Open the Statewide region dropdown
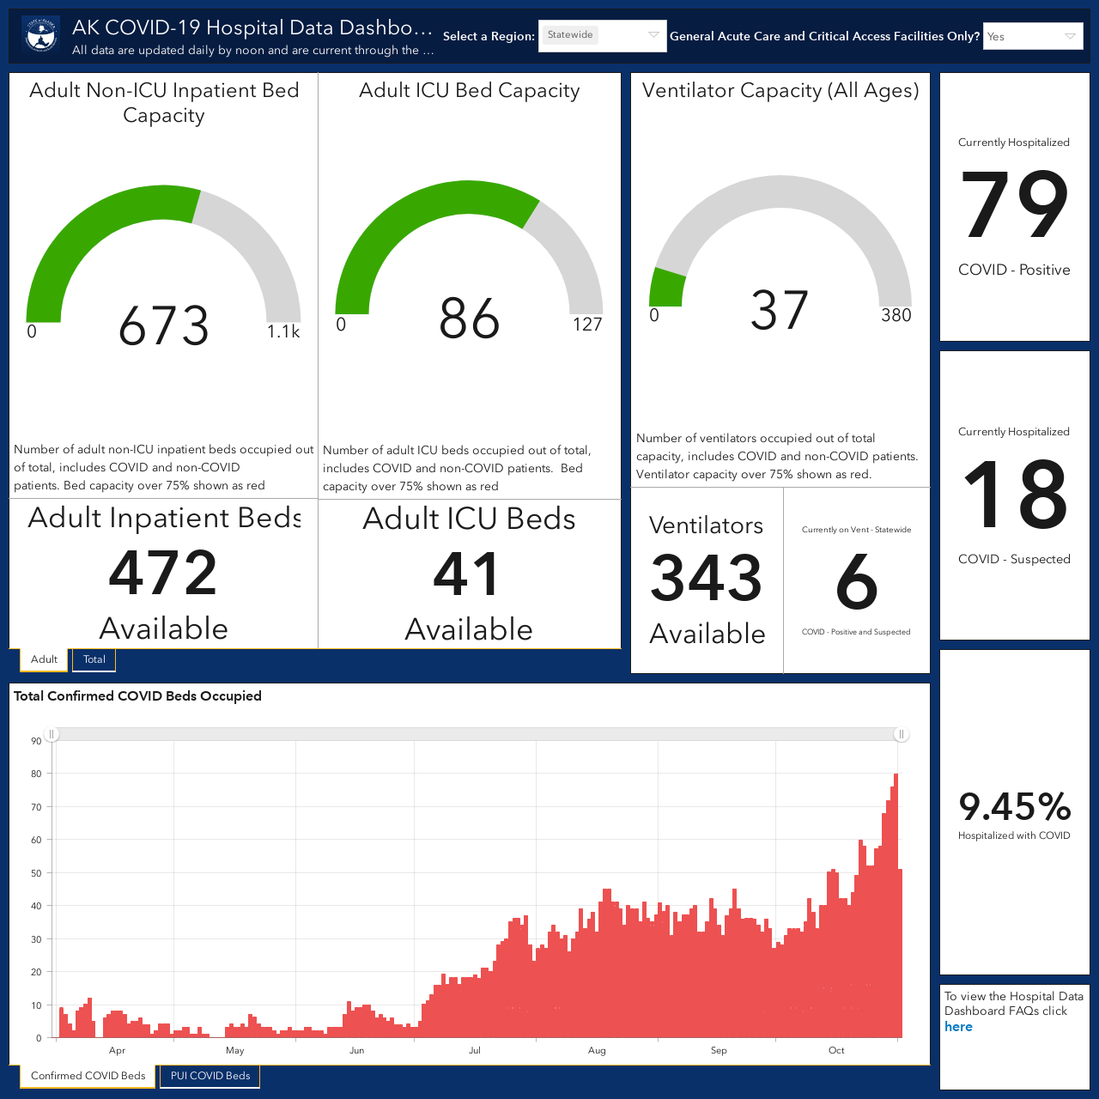[602, 35]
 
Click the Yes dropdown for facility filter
[1032, 36]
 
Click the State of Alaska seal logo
[41, 35]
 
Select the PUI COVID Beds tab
[209, 1076]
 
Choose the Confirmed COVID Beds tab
[88, 1076]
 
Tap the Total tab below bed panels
[94, 659]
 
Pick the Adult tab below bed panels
[44, 659]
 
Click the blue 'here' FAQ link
[958, 1027]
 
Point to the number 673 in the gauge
[164, 325]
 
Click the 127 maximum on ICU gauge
[587, 325]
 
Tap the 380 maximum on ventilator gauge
[896, 315]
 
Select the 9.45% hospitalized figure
[1015, 806]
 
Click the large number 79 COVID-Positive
[1014, 204]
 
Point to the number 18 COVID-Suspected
[1014, 494]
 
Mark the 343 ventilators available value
[706, 578]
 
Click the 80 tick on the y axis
[36, 774]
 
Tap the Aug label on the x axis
[597, 1051]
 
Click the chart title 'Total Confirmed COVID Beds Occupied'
[137, 695]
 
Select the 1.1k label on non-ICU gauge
[283, 331]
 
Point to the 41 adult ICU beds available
[466, 574]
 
